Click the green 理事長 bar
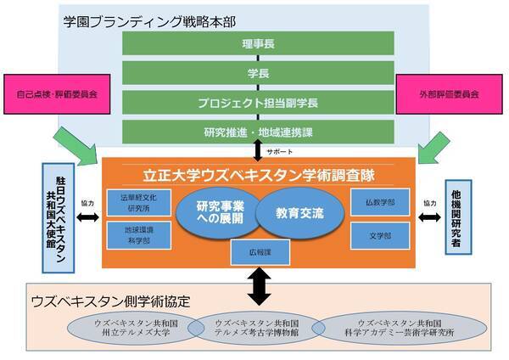(255, 42)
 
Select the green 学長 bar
(255, 72)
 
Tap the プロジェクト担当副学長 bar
(255, 102)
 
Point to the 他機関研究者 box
(461, 216)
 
